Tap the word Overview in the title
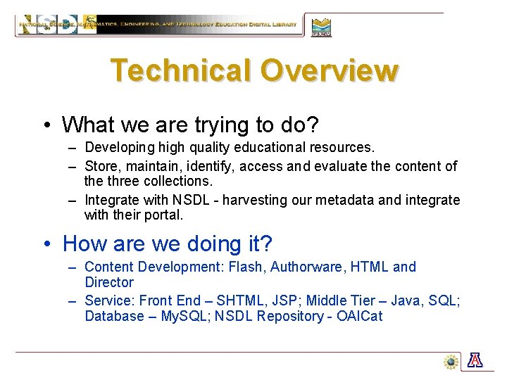click(x=329, y=70)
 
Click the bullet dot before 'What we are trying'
click(x=46, y=125)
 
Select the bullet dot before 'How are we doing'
click(x=46, y=244)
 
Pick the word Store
click(x=100, y=167)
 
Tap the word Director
click(x=108, y=282)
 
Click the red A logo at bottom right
click(x=475, y=361)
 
